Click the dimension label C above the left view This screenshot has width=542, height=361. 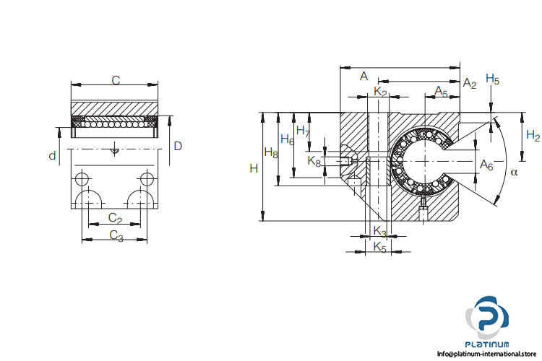coord(115,80)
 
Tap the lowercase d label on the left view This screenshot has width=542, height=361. coord(52,156)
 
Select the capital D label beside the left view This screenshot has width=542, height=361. coord(178,147)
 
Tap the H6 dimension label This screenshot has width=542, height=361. coord(287,140)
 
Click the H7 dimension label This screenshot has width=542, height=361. coord(304,131)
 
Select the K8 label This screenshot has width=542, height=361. coord(314,161)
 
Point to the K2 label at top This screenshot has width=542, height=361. coord(381,92)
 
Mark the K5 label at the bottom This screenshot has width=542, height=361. coord(380,248)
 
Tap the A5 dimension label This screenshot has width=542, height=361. coord(441,91)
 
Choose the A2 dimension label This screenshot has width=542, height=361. coord(470,84)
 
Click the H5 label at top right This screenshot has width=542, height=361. coord(493,79)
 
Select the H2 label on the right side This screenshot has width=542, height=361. coord(533,135)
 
